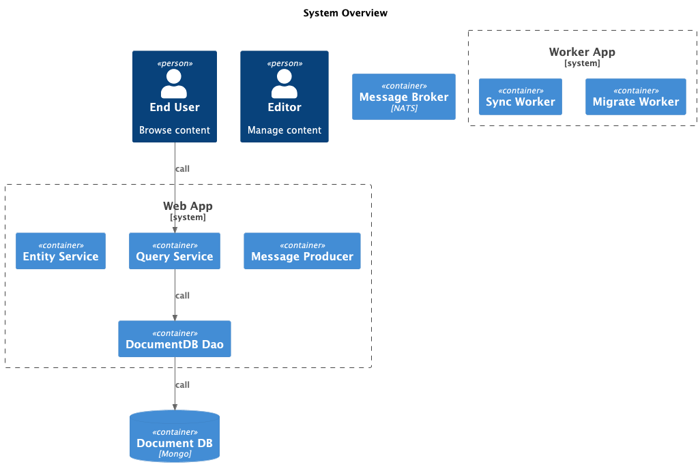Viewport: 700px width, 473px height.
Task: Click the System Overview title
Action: coord(345,13)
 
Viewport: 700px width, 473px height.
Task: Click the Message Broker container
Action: coord(404,97)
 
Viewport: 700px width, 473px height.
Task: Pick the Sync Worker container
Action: coord(521,97)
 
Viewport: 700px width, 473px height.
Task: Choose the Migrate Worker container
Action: coord(636,97)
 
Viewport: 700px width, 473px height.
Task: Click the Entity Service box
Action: coord(61,251)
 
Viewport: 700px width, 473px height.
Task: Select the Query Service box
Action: coord(175,251)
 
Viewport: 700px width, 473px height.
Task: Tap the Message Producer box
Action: coord(302,251)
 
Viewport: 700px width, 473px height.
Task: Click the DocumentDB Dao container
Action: coord(175,339)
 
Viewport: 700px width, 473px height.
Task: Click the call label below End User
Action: coord(182,169)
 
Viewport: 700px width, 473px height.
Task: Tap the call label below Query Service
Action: coord(182,296)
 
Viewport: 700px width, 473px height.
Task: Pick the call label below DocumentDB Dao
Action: coord(182,385)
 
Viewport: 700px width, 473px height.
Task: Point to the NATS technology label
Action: coord(404,108)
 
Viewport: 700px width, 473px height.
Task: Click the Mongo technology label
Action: coord(175,454)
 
